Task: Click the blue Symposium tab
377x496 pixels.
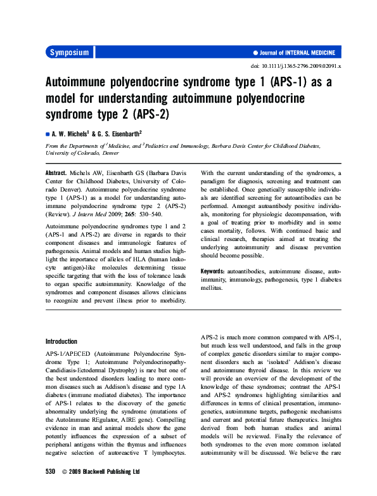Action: (x=69, y=53)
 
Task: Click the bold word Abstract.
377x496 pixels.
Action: (x=58, y=173)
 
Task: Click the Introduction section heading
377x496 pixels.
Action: (x=61, y=341)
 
